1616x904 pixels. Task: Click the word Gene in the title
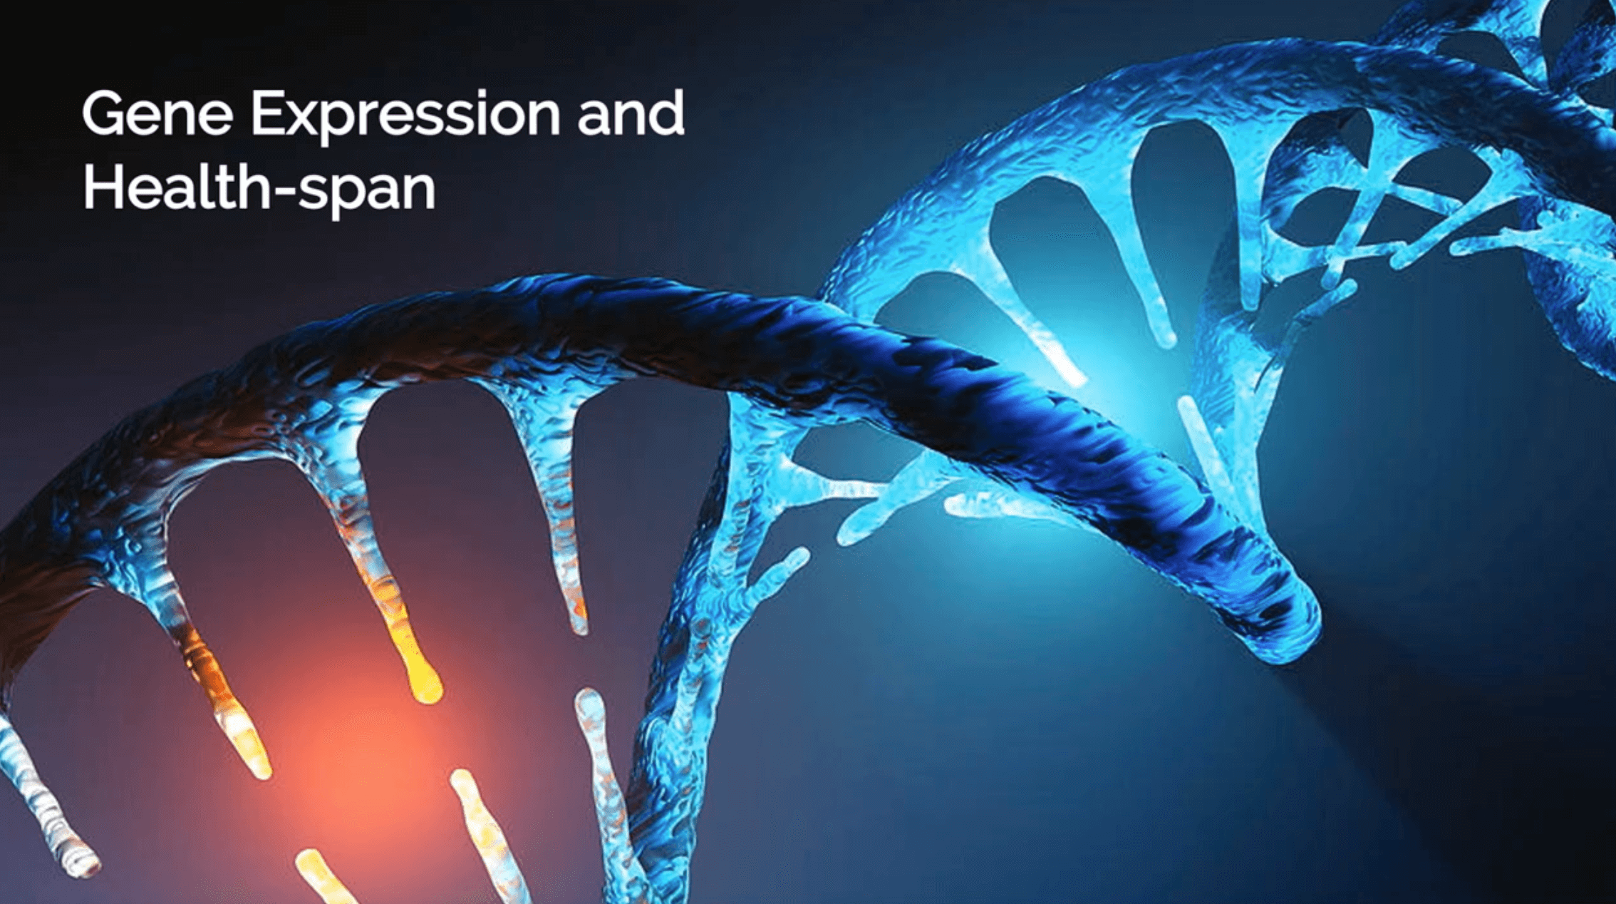pyautogui.click(x=157, y=113)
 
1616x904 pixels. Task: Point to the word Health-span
pyautogui.click(x=259, y=188)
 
